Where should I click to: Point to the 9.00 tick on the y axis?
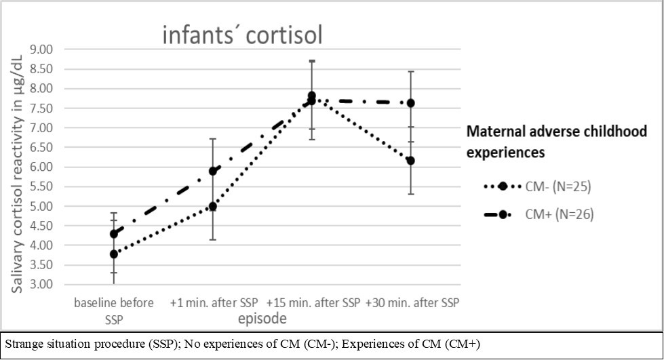point(41,49)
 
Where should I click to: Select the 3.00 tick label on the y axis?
point(41,285)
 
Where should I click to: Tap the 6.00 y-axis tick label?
point(41,167)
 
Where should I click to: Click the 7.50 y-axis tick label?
point(41,108)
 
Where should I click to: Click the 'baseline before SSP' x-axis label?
point(114,308)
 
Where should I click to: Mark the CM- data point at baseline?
point(114,254)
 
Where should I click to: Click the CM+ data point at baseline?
point(114,234)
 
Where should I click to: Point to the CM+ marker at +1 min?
point(213,171)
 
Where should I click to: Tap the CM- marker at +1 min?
point(213,206)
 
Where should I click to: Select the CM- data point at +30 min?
point(410,161)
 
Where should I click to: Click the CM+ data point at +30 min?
point(410,103)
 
